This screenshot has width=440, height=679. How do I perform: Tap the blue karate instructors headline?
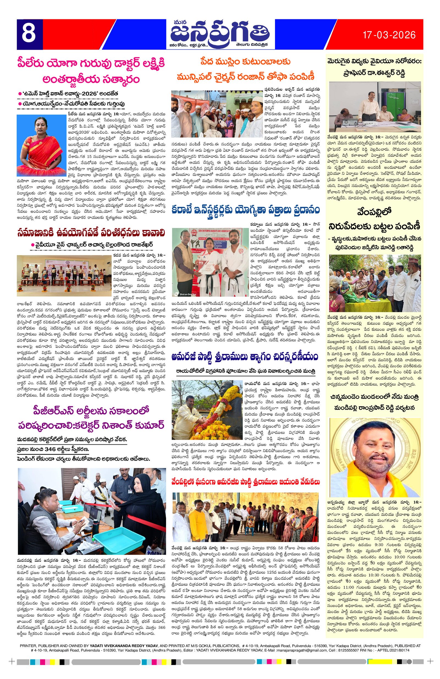pyautogui.click(x=245, y=210)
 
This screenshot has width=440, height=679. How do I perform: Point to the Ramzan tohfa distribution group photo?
pyautogui.click(x=217, y=114)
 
